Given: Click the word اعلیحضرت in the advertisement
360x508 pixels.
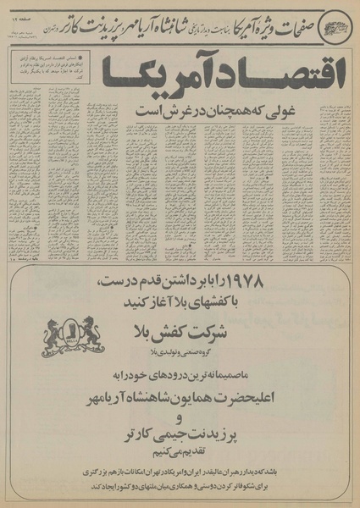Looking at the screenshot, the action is pyautogui.click(x=280, y=397).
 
